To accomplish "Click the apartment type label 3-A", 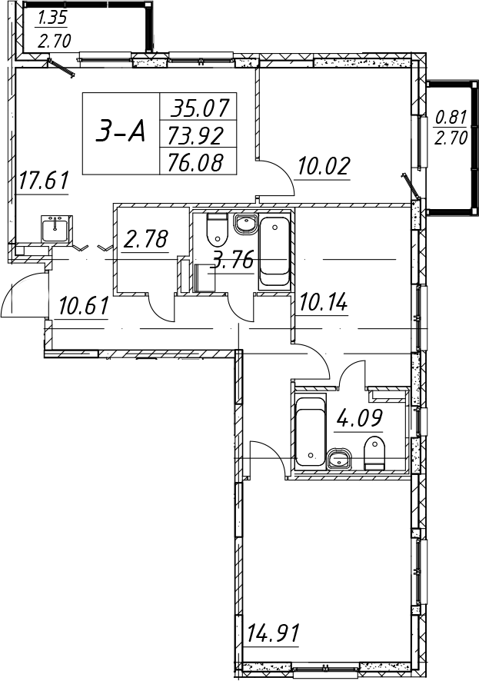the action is pos(120,132).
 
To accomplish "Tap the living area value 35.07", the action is pos(199,108).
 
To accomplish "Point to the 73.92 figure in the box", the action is pos(195,136).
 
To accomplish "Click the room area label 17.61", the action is pos(43,181).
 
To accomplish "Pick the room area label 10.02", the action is pos(323,166).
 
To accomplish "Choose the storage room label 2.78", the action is pos(146,239).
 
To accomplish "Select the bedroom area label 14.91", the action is pos(273,633).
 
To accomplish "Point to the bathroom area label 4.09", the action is pos(358,418).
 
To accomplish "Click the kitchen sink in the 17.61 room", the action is pos(55,228).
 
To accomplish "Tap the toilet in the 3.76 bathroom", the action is pos(217,229).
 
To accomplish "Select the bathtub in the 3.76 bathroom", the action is pos(273,253).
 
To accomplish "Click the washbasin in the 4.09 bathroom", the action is pos(339,459).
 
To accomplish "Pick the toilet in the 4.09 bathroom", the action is pos(374,453).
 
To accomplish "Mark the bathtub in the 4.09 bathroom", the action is pos(310,431).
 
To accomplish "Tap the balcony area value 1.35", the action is pos(52,18).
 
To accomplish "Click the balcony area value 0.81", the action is pos(451,117).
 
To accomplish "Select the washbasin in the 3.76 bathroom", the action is pos(247,224).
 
